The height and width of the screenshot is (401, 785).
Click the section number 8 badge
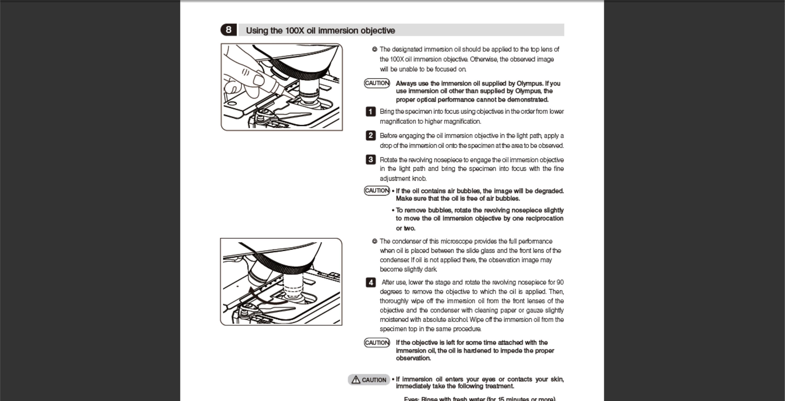(x=228, y=30)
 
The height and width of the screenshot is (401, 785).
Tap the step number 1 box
(x=371, y=111)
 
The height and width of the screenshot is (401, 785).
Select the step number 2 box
(x=371, y=135)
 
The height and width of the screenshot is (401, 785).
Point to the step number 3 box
(x=371, y=160)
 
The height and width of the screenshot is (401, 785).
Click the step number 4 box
(x=371, y=283)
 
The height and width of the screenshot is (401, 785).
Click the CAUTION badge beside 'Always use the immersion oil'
(x=377, y=83)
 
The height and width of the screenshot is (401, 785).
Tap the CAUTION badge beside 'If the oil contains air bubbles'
(x=377, y=191)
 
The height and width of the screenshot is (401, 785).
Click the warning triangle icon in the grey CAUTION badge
(x=356, y=380)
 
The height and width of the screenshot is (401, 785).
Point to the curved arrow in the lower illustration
(x=262, y=297)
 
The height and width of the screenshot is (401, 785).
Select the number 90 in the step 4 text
(x=560, y=283)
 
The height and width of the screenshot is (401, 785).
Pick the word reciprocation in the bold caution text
(x=544, y=218)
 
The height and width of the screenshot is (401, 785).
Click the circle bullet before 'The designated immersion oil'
(x=374, y=49)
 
